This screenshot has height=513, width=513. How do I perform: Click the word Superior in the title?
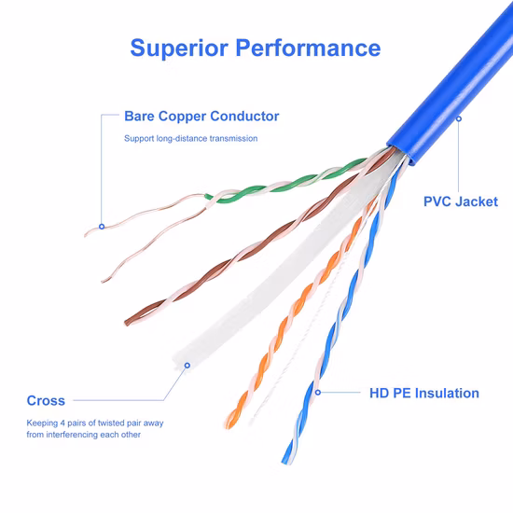[x=179, y=49]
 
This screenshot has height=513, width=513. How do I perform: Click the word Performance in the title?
[x=308, y=48]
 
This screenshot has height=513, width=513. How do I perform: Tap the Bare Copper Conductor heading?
[x=201, y=117]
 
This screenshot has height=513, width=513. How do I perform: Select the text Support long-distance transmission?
[x=190, y=138]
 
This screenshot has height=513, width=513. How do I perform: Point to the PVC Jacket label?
[x=461, y=201]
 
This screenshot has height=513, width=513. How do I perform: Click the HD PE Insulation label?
[x=424, y=393]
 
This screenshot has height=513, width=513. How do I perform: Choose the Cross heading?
[x=46, y=400]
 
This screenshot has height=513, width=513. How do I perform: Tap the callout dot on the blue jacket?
[x=459, y=118]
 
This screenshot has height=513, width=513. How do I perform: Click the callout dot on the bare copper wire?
[x=102, y=227]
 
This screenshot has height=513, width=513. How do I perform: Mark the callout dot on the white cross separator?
[x=187, y=365]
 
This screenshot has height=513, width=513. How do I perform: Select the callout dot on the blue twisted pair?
[x=318, y=392]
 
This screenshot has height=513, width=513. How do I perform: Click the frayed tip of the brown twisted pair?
[x=127, y=323]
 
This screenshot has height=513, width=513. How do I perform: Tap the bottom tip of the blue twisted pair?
[x=284, y=462]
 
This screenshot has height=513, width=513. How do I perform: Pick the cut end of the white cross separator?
[x=178, y=360]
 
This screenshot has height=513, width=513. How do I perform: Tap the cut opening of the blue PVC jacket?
[x=398, y=153]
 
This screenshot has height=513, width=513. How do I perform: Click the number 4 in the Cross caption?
[x=62, y=423]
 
